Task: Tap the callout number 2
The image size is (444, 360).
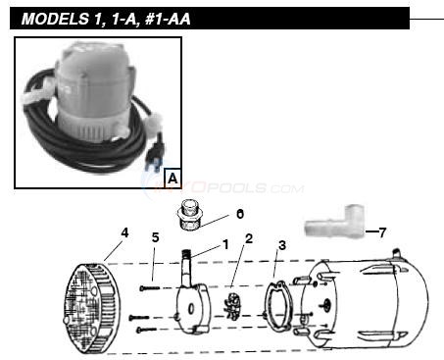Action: [x=249, y=239]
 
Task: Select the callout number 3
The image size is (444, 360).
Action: [x=281, y=245]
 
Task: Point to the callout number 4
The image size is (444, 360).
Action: [x=124, y=232]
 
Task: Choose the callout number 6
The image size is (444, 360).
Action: [x=239, y=213]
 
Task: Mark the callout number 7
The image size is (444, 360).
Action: [x=382, y=232]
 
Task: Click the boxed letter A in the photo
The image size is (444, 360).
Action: [x=173, y=179]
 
